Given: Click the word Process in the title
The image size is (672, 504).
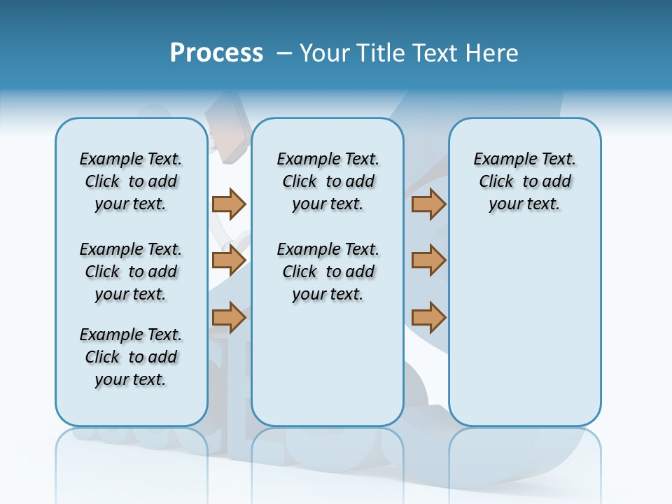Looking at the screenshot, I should point(216,52).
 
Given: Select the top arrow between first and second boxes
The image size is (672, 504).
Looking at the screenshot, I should point(229,204).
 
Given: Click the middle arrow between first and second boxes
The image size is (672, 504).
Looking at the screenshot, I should point(229,260).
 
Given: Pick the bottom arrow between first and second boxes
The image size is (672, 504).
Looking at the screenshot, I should point(229,317).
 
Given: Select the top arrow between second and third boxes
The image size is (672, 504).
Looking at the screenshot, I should point(428,204).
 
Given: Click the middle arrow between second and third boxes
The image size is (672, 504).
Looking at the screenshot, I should point(428,260).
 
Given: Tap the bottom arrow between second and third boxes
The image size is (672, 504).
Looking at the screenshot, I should point(428,317).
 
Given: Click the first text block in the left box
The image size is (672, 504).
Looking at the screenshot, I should point(131,181).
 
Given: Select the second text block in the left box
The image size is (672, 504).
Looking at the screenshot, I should point(131,272).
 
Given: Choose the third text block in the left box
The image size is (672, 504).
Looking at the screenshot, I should point(131,357).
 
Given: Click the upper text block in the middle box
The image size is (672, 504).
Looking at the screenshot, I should point(328,181).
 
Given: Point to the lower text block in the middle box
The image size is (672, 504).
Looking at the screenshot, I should point(328,272).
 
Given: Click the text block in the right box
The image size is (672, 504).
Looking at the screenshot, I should point(524,181).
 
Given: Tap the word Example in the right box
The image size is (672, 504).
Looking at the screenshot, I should point(500,160).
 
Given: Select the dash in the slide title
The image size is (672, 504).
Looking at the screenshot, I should point(285,53).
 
